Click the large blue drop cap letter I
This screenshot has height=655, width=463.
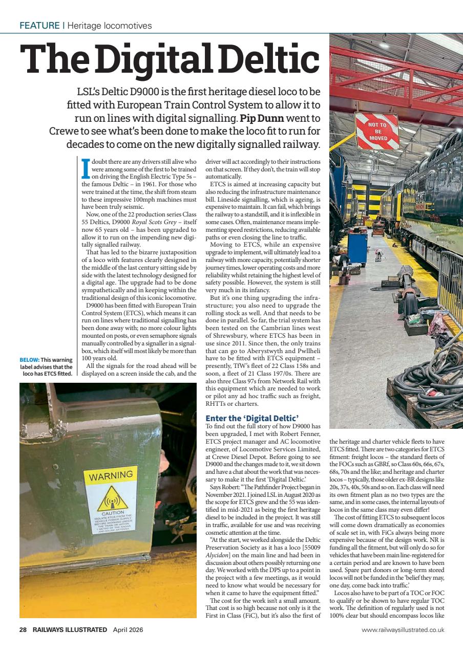pos(86,167)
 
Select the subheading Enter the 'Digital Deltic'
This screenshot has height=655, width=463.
pos(251,419)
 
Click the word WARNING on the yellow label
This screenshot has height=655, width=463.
pos(111,477)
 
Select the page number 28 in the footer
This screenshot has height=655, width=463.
pos(23,630)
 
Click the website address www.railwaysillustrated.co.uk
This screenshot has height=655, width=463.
pos(403,630)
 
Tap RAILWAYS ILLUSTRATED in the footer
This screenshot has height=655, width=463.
pos(70,630)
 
